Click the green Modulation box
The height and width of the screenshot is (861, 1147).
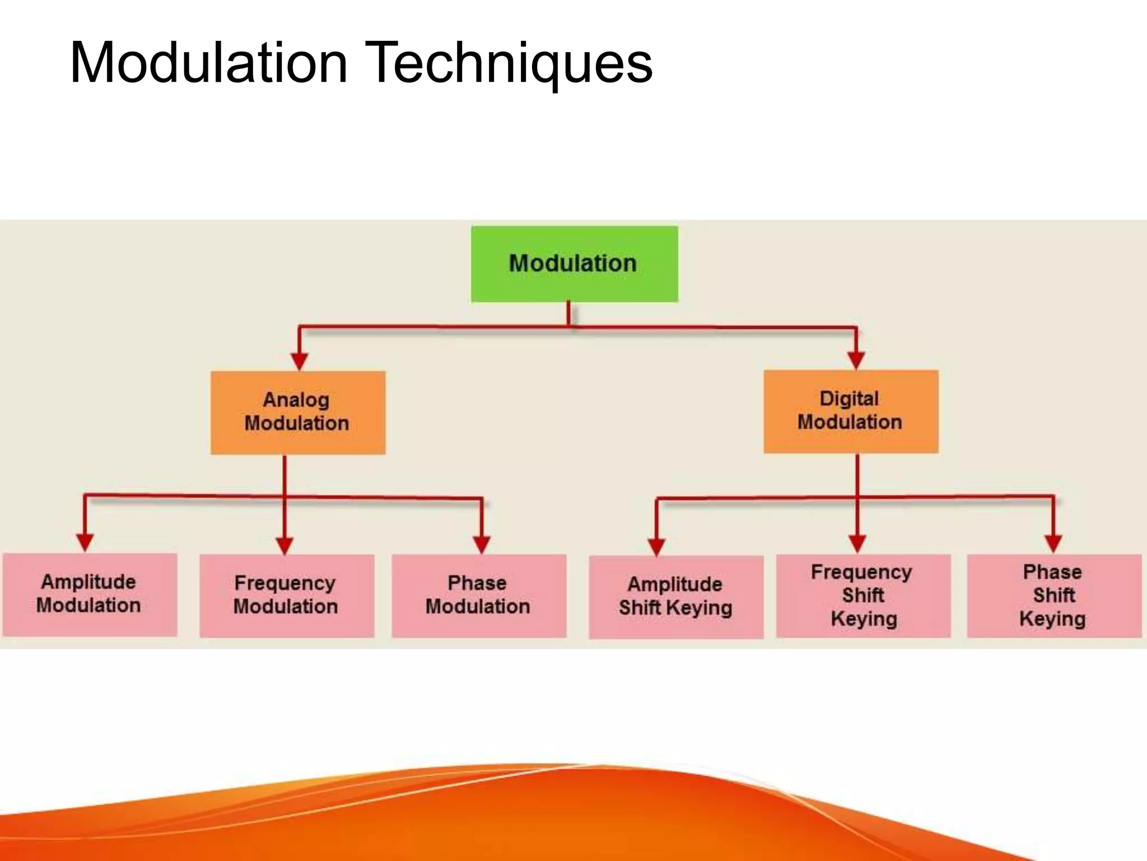pyautogui.click(x=574, y=264)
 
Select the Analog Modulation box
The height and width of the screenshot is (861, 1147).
pyautogui.click(x=298, y=412)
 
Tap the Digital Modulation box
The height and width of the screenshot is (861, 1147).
pyautogui.click(x=850, y=411)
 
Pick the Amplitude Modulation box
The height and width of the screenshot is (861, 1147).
pyautogui.click(x=90, y=594)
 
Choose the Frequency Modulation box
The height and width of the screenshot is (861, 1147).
pyautogui.click(x=286, y=595)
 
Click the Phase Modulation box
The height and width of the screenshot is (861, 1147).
pyautogui.click(x=478, y=595)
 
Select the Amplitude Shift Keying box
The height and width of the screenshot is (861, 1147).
pyautogui.click(x=675, y=596)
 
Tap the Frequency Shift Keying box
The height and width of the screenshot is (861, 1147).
pyautogui.click(x=863, y=595)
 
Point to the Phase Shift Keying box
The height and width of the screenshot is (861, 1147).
pyautogui.click(x=1053, y=595)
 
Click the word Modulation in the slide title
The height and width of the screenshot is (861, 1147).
pyautogui.click(x=208, y=63)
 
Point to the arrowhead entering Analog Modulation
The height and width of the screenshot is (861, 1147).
pyautogui.click(x=300, y=360)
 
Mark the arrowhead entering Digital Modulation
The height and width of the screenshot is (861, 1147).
pyautogui.click(x=856, y=360)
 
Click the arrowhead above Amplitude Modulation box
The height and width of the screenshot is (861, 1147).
pyautogui.click(x=85, y=542)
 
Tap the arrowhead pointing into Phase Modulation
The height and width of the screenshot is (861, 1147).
pyautogui.click(x=482, y=544)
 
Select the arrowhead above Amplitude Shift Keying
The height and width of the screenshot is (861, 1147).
pyautogui.click(x=656, y=546)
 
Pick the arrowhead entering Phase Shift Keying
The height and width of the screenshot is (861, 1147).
pyautogui.click(x=1053, y=543)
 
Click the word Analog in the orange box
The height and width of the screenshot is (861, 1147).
pyautogui.click(x=296, y=400)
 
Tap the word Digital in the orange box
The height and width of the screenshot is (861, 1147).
pyautogui.click(x=849, y=399)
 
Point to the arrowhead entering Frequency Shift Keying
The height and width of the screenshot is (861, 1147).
pyautogui.click(x=857, y=543)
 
